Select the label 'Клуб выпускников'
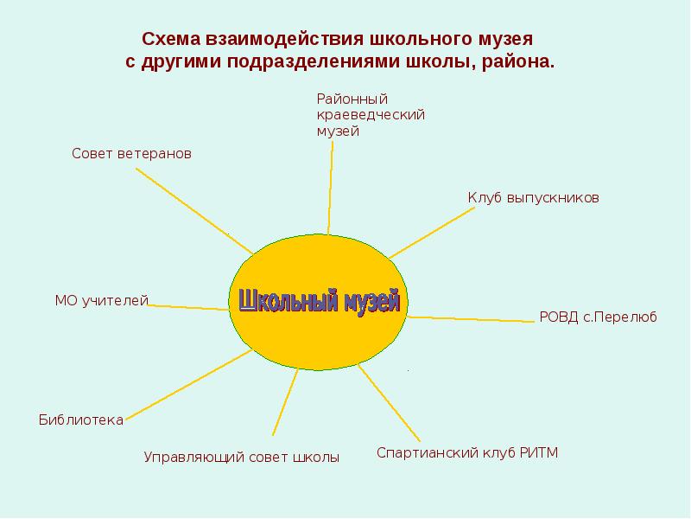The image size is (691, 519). point(533,197)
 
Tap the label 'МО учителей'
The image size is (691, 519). point(102,300)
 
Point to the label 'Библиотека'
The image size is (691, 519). point(81,420)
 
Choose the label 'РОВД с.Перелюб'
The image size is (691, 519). point(598,317)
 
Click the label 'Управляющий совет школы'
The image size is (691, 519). point(241,457)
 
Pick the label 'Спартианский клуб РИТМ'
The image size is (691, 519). point(467,452)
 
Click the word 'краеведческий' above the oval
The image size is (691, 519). point(371,115)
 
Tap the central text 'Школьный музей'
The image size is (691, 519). point(320,301)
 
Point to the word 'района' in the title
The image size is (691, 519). point(519,62)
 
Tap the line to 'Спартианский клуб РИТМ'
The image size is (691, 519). point(390,402)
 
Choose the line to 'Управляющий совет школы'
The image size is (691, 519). point(286,401)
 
